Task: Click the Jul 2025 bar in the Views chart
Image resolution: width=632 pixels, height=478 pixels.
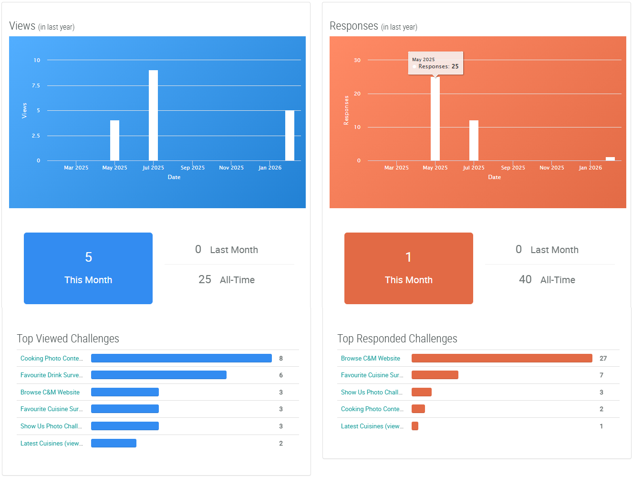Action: click(x=153, y=116)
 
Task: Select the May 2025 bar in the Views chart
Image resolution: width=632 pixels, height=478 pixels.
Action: click(x=114, y=140)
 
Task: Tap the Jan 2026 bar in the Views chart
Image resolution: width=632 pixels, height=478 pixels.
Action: click(x=290, y=136)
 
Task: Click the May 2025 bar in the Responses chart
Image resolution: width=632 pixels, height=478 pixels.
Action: click(x=435, y=119)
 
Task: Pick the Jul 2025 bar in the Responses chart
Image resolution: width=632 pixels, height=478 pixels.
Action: click(x=474, y=140)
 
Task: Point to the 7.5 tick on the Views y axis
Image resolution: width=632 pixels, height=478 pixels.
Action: click(x=36, y=85)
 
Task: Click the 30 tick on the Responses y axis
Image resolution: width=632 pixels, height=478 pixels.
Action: click(x=357, y=60)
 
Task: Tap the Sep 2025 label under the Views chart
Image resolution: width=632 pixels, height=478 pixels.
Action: click(x=193, y=168)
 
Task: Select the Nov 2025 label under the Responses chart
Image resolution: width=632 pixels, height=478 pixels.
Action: click(x=552, y=168)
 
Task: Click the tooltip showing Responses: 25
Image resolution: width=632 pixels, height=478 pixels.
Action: click(x=435, y=63)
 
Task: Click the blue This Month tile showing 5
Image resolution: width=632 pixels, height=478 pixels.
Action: click(x=88, y=268)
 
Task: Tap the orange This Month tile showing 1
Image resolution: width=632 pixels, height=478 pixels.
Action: click(x=409, y=268)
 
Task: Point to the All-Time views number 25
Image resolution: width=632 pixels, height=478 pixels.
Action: click(x=205, y=279)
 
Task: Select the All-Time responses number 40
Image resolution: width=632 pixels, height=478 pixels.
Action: click(x=525, y=279)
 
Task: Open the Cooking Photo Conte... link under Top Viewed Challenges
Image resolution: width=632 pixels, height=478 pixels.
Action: click(x=52, y=358)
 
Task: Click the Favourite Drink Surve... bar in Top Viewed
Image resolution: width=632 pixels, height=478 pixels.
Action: click(x=159, y=375)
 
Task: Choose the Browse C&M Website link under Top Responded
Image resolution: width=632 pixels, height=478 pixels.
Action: click(x=371, y=358)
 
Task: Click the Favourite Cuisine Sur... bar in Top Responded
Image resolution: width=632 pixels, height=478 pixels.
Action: click(x=435, y=375)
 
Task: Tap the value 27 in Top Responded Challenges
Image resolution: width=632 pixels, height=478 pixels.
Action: click(x=603, y=358)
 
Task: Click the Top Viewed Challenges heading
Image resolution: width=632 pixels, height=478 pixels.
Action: click(x=68, y=339)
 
